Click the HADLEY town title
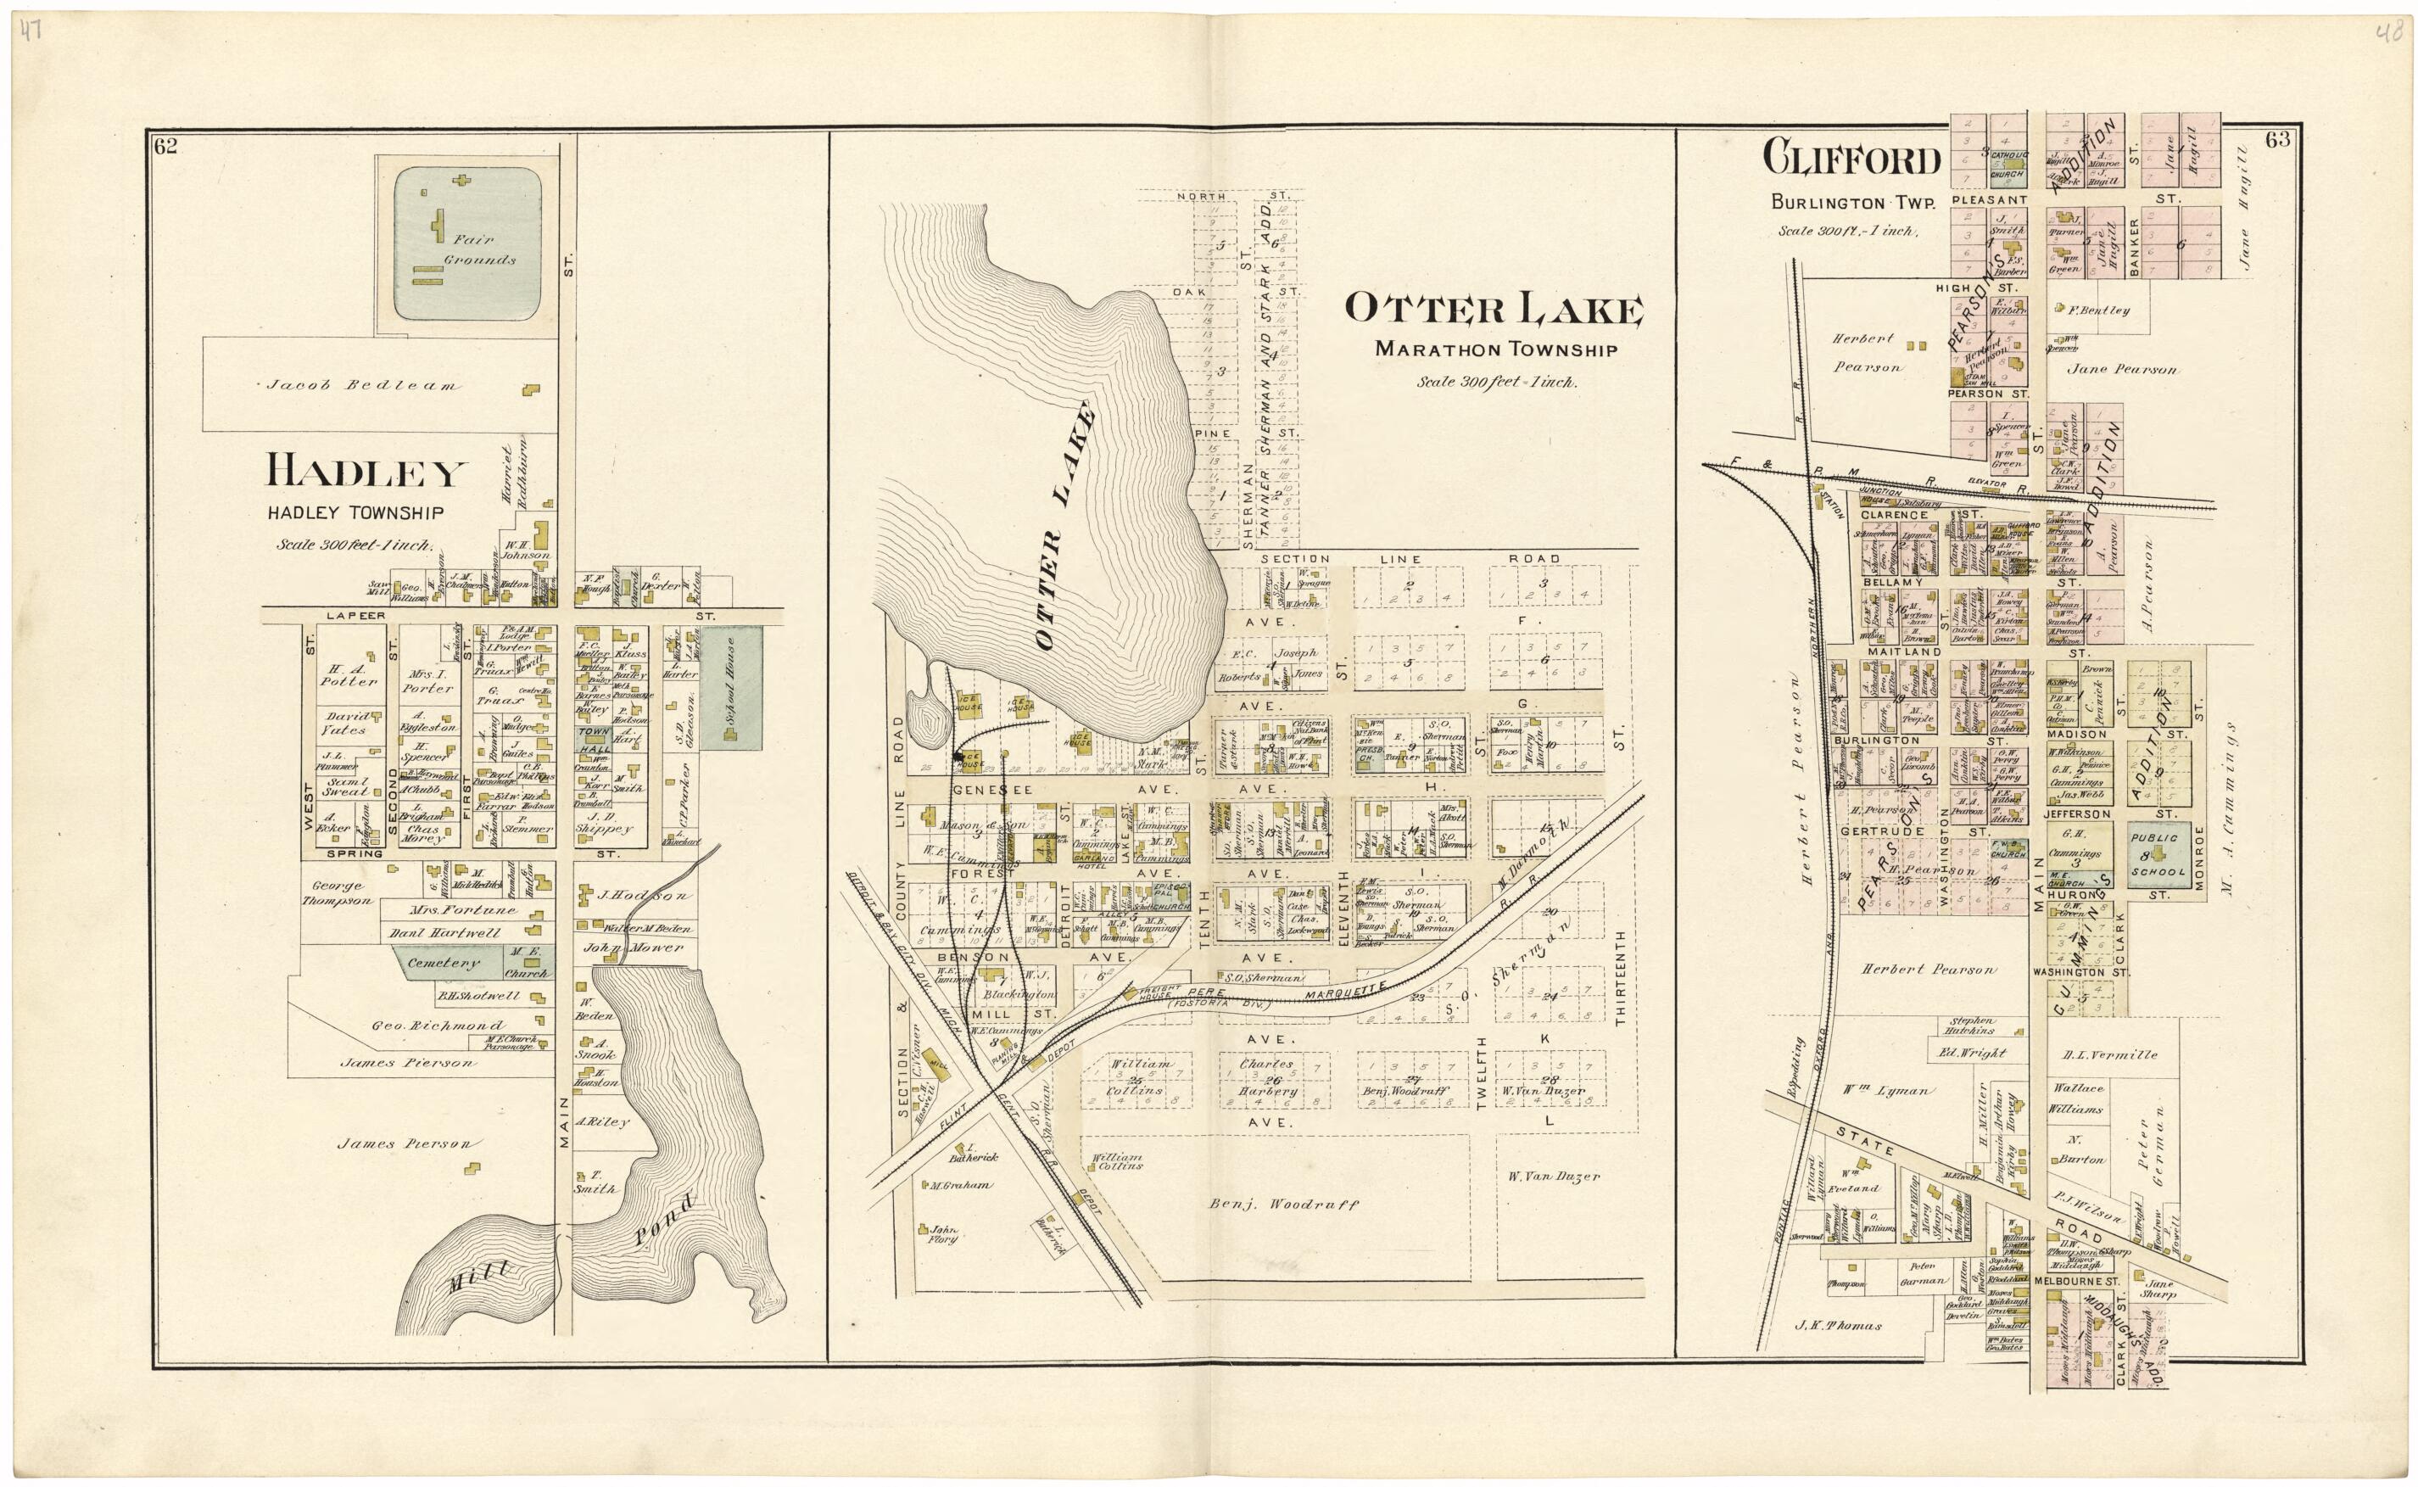coord(364,475)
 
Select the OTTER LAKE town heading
coord(1493,310)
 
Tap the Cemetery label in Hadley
coord(443,963)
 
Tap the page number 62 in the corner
coord(165,148)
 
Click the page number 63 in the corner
coord(2277,141)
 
